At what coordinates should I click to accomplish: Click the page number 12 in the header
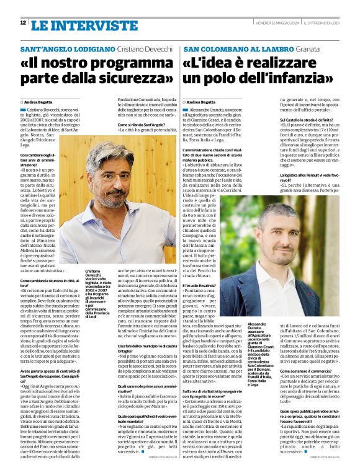point(23,23)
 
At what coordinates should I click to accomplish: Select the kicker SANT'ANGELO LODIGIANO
point(68,49)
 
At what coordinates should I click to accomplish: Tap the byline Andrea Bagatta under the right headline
point(202,102)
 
